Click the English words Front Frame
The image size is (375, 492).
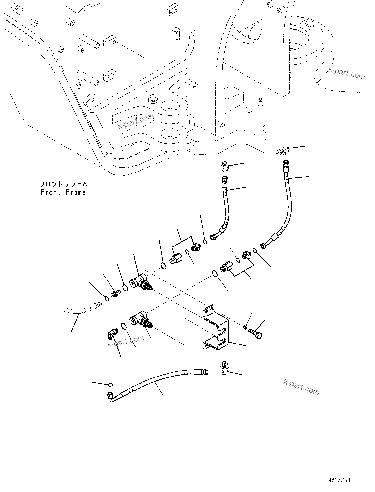(x=63, y=192)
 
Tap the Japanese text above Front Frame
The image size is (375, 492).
(x=64, y=184)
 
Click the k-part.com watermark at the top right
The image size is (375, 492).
(x=347, y=73)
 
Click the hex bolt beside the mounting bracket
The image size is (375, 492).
(x=256, y=333)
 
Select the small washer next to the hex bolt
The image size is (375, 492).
(x=244, y=327)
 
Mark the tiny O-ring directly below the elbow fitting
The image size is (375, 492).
(x=110, y=385)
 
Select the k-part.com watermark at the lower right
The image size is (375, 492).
(x=301, y=387)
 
